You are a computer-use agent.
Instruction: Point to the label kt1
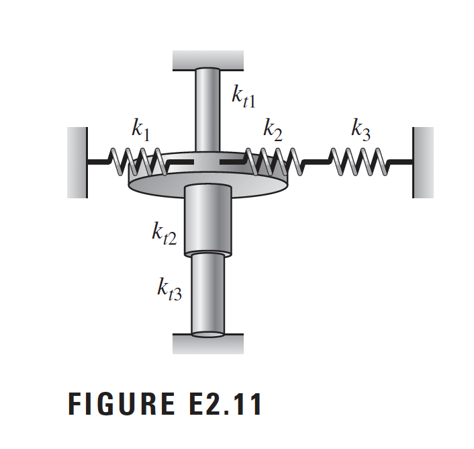pyautogui.click(x=242, y=96)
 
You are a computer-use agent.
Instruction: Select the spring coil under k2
pyautogui.click(x=269, y=162)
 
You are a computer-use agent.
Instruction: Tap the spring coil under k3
pyautogui.click(x=357, y=162)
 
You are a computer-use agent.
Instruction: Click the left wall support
pyautogui.click(x=77, y=162)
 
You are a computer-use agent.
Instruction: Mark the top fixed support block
pyautogui.click(x=207, y=60)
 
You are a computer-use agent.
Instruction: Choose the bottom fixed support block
pyautogui.click(x=207, y=344)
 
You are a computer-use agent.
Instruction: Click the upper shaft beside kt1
pyautogui.click(x=207, y=111)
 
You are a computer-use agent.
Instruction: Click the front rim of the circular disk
pyautogui.click(x=207, y=192)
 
